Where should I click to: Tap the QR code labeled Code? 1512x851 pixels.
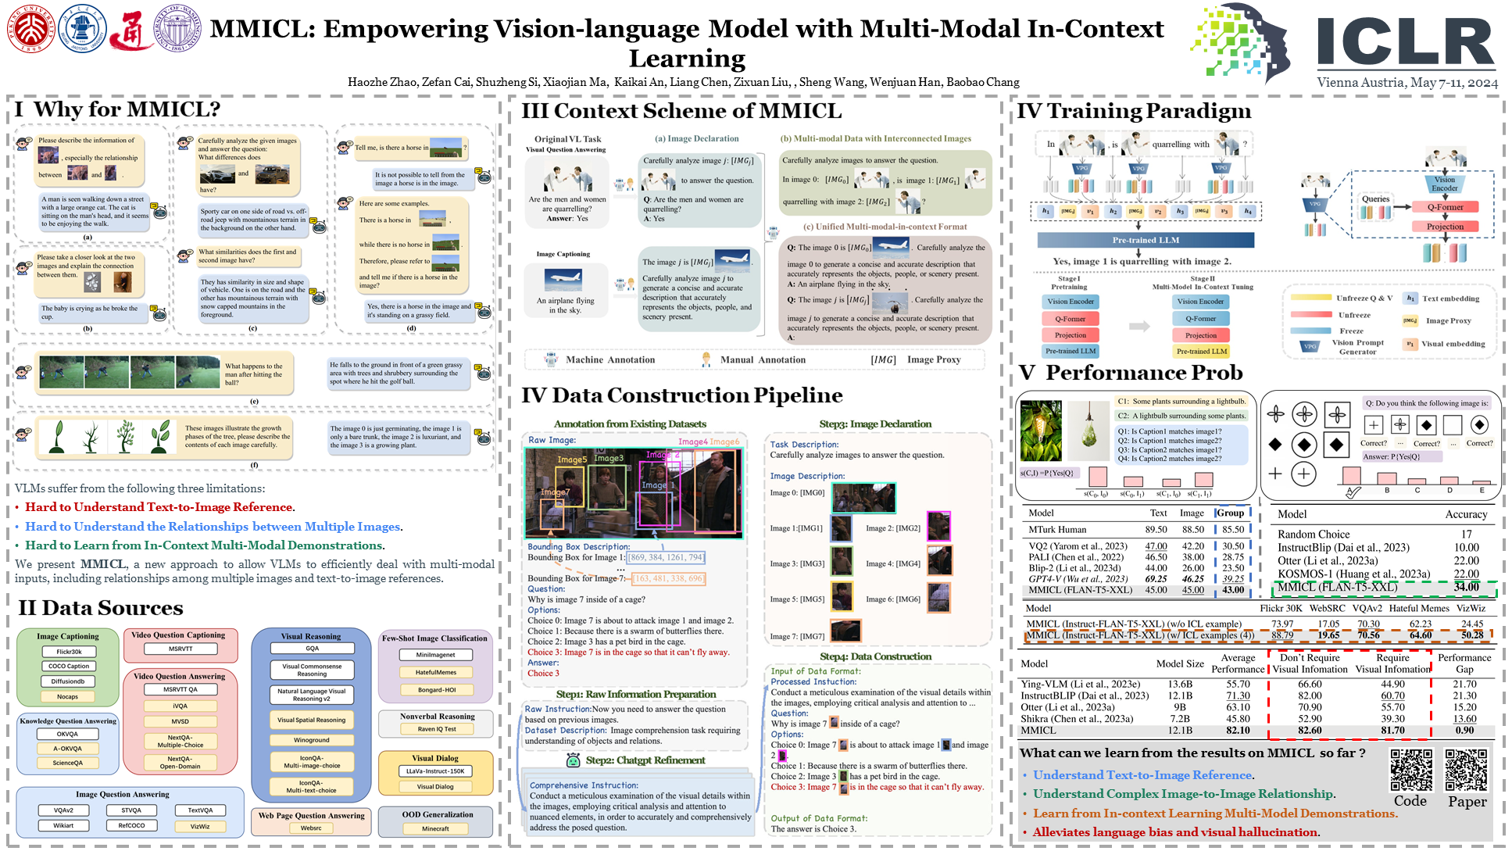click(1410, 770)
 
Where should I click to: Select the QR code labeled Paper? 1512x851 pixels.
click(1466, 770)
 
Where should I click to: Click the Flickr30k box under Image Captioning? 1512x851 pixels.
click(69, 652)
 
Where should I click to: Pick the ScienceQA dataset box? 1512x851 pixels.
click(68, 763)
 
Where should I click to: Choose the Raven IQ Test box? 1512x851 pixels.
click(437, 729)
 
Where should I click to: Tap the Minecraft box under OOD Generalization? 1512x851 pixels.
click(435, 828)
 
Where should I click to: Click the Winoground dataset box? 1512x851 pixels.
click(311, 740)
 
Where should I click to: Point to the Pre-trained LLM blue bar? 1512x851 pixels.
click(1146, 240)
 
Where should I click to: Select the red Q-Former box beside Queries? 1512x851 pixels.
click(1445, 207)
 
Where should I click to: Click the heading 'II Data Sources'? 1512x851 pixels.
click(101, 608)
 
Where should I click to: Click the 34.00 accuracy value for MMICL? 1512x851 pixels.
click(1466, 587)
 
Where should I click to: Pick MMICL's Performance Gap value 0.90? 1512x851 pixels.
click(1464, 731)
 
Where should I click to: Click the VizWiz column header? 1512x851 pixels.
click(1471, 608)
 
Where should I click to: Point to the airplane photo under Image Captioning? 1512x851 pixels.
click(565, 279)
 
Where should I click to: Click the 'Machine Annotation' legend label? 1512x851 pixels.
click(610, 360)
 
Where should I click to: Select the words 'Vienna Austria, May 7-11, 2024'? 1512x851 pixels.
click(1407, 83)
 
